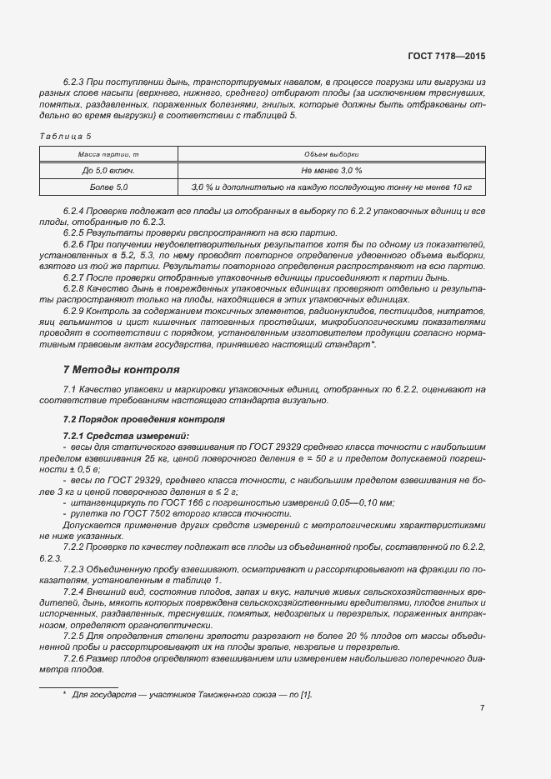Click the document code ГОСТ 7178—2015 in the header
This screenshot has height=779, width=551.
point(448,56)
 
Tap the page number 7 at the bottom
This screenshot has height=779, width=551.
point(482,708)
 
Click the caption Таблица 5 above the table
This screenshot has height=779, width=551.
point(65,136)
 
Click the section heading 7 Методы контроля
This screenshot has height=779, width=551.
point(121,369)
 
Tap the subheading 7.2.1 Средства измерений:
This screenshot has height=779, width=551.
point(114,437)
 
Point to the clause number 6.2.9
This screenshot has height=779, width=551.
point(75,310)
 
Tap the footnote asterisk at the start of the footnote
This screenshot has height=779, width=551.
point(64,693)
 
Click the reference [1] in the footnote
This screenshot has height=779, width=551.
point(306,694)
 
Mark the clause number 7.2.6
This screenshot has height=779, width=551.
point(75,657)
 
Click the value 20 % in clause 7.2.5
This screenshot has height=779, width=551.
point(347,636)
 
